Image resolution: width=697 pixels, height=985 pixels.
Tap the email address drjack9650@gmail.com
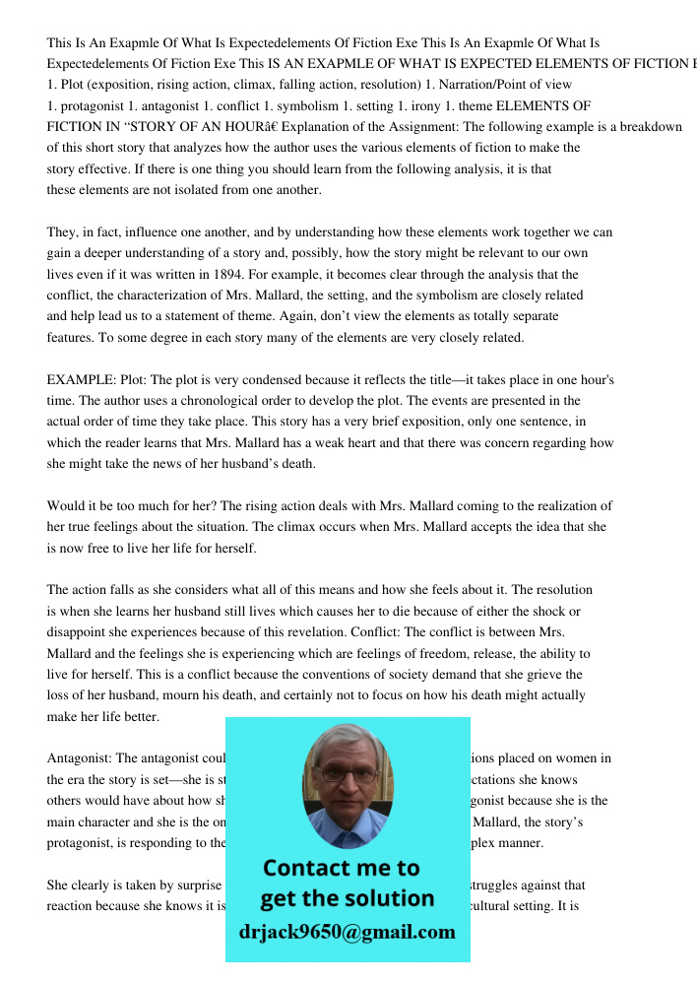pyautogui.click(x=348, y=932)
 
